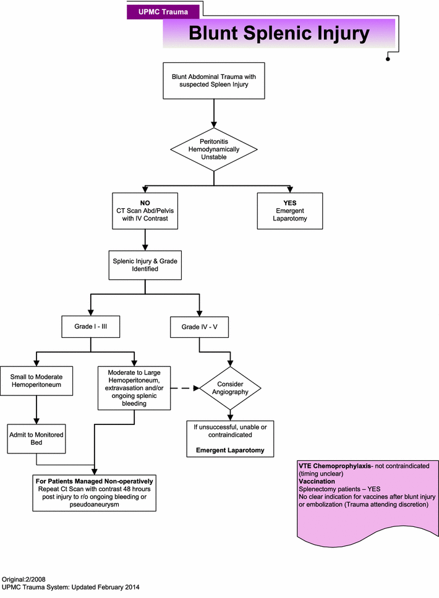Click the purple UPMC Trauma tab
(x=164, y=11)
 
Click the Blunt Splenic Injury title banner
(x=279, y=33)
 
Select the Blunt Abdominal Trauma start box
(x=214, y=80)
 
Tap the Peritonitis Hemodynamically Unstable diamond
(x=214, y=149)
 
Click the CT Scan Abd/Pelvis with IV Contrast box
(x=144, y=211)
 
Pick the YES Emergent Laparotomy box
(x=290, y=211)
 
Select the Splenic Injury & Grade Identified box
(x=144, y=264)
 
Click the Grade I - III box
(x=91, y=327)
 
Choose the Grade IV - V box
(x=198, y=327)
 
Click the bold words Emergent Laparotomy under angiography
(x=230, y=450)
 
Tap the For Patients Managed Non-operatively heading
(x=94, y=480)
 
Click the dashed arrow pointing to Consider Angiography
(x=184, y=389)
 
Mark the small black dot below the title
(x=388, y=59)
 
